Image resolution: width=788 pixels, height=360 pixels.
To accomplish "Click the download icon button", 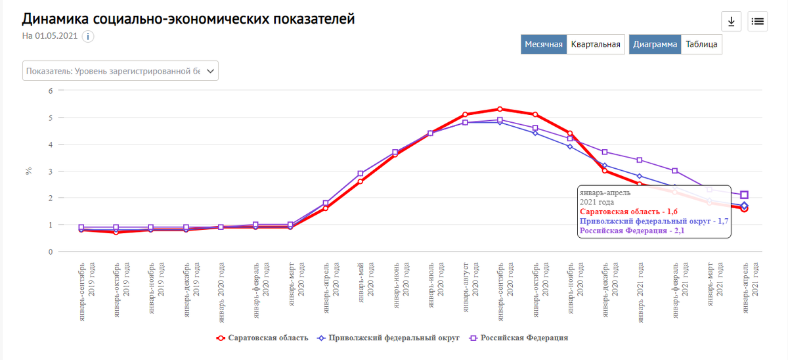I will (x=731, y=21).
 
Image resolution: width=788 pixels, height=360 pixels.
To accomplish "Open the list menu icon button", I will (x=758, y=21).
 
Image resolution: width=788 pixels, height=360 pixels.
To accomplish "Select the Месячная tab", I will (x=544, y=45).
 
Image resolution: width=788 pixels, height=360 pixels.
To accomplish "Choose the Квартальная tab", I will (x=596, y=45).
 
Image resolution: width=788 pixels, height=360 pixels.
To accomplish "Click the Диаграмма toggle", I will (x=655, y=45).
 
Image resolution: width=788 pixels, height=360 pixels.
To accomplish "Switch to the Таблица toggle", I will (x=702, y=45).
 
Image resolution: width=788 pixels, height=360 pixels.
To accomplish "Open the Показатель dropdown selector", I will (x=121, y=71).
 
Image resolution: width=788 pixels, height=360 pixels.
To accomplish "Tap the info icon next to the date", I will (x=88, y=36).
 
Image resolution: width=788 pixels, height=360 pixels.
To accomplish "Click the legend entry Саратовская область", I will (x=263, y=338).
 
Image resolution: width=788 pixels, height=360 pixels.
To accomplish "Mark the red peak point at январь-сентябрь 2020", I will (x=500, y=109).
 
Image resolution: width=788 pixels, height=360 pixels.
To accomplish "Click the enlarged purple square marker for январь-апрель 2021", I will (x=744, y=195).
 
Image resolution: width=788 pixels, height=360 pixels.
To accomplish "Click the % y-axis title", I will (x=28, y=171).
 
